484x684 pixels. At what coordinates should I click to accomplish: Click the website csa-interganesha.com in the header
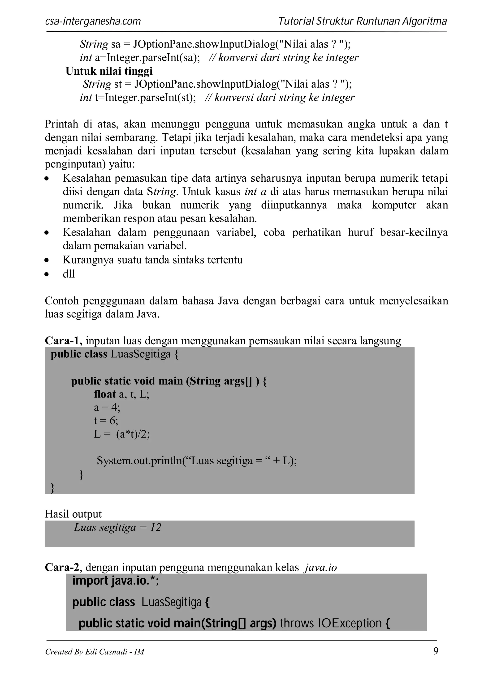pyautogui.click(x=93, y=21)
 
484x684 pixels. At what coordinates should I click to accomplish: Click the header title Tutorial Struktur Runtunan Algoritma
pyautogui.click(x=362, y=21)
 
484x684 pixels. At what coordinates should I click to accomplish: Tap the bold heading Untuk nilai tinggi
pyautogui.click(x=109, y=71)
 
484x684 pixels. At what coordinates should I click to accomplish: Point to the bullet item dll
pyautogui.click(x=69, y=274)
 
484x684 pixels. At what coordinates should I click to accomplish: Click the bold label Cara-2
pyautogui.click(x=62, y=567)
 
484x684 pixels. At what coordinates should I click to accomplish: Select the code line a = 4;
pyautogui.click(x=107, y=407)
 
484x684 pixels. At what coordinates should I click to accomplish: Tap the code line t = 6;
pyautogui.click(x=106, y=421)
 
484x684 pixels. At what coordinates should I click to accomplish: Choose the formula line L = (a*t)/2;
pyautogui.click(x=122, y=434)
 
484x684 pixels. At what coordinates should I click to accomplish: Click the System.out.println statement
pyautogui.click(x=197, y=461)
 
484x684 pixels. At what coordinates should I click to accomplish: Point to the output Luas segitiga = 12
pyautogui.click(x=117, y=528)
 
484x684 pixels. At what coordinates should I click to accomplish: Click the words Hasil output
pyautogui.click(x=73, y=514)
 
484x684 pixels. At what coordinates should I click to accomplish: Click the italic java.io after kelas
pyautogui.click(x=320, y=568)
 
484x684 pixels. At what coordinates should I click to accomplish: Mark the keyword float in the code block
pyautogui.click(x=105, y=394)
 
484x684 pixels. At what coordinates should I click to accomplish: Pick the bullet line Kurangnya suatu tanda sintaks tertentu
pyautogui.click(x=153, y=260)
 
